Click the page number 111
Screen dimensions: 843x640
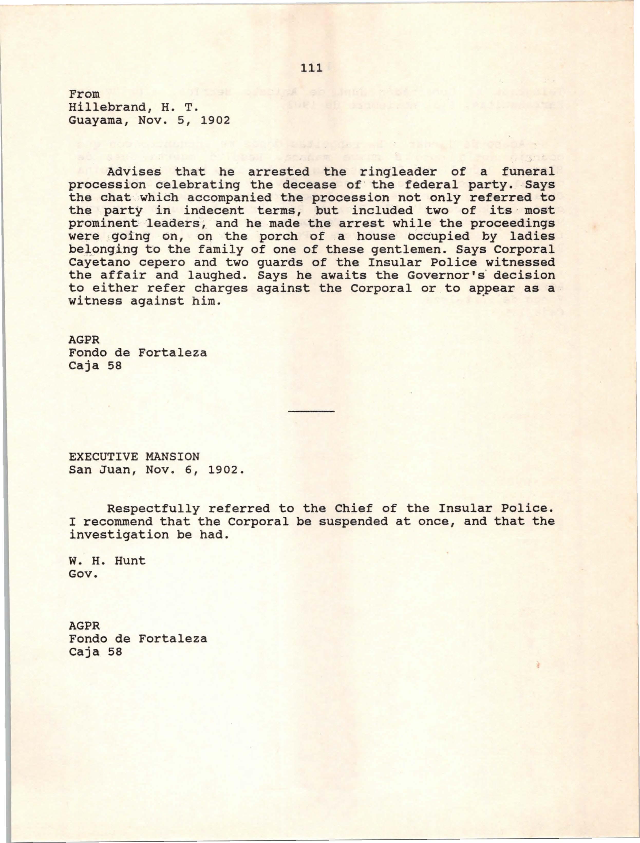coord(312,68)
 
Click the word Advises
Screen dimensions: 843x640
coord(134,172)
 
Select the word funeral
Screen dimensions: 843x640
coord(528,172)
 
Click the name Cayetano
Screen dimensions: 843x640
coord(100,263)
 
